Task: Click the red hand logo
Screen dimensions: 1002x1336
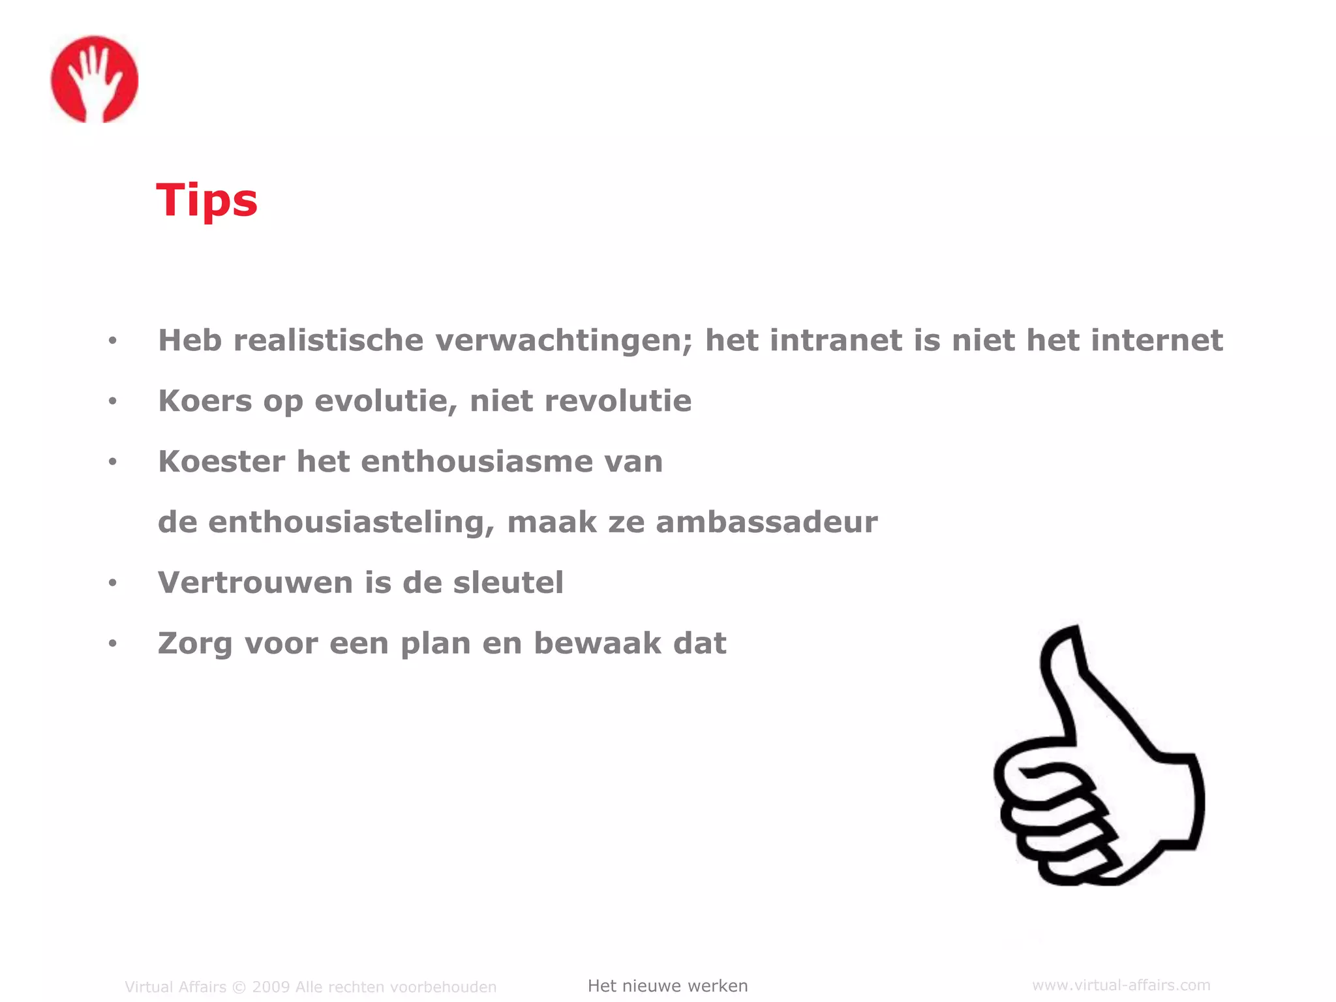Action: [95, 79]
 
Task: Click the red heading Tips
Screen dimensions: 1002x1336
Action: [207, 200]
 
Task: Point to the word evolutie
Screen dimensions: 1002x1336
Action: [385, 401]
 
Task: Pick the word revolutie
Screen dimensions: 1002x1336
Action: [618, 401]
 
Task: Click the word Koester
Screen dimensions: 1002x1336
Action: [222, 462]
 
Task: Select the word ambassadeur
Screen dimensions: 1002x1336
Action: [767, 523]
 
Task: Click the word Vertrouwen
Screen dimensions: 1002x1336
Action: [255, 583]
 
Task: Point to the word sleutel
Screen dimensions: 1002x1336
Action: [508, 583]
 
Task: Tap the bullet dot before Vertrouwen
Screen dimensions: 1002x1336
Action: [112, 583]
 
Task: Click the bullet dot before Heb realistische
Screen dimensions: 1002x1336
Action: [112, 341]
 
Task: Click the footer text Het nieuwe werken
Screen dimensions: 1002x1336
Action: [667, 986]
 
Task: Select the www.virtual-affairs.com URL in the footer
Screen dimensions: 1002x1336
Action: [1121, 985]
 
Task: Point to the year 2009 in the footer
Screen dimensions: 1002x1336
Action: [271, 987]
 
